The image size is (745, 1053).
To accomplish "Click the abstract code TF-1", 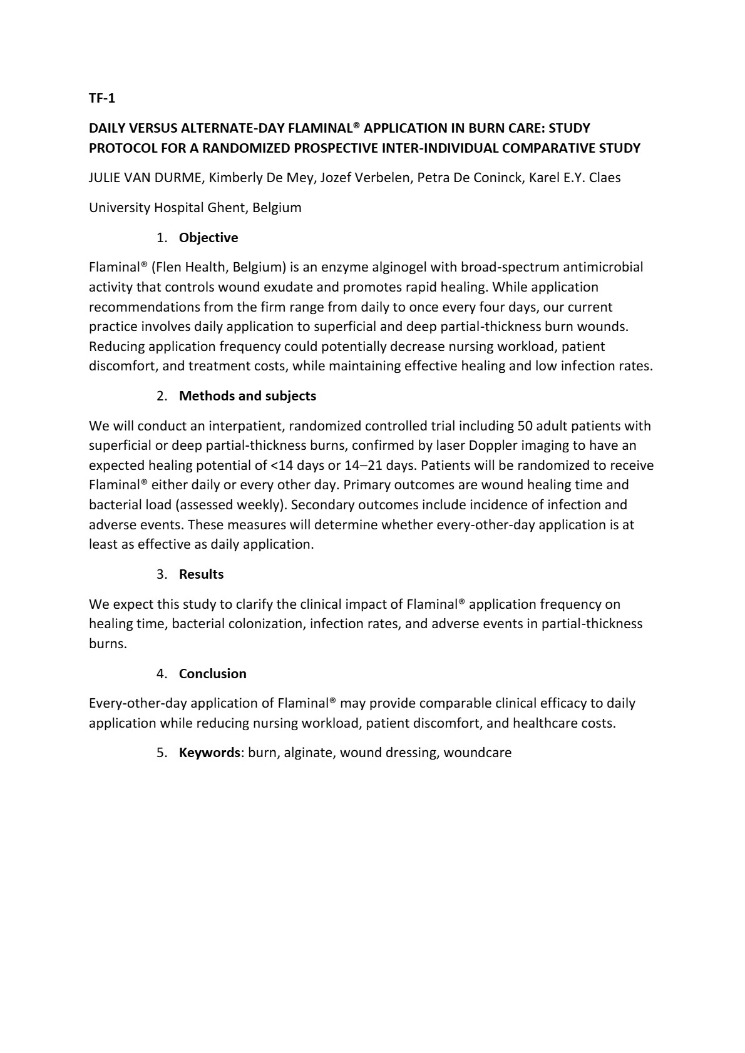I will click(102, 98).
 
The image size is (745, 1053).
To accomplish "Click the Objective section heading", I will click(208, 238).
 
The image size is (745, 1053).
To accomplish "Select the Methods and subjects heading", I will click(247, 396).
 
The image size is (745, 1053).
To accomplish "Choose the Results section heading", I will click(201, 574).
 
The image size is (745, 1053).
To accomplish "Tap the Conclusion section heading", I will click(212, 674).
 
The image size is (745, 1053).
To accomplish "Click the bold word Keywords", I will click(210, 753).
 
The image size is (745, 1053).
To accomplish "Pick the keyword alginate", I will click(307, 753).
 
